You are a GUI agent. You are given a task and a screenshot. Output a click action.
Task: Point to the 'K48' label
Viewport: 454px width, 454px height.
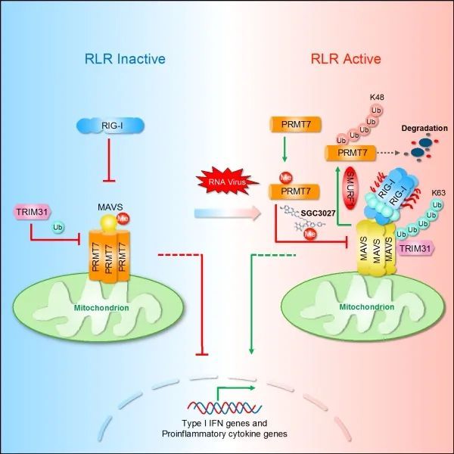click(376, 98)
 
